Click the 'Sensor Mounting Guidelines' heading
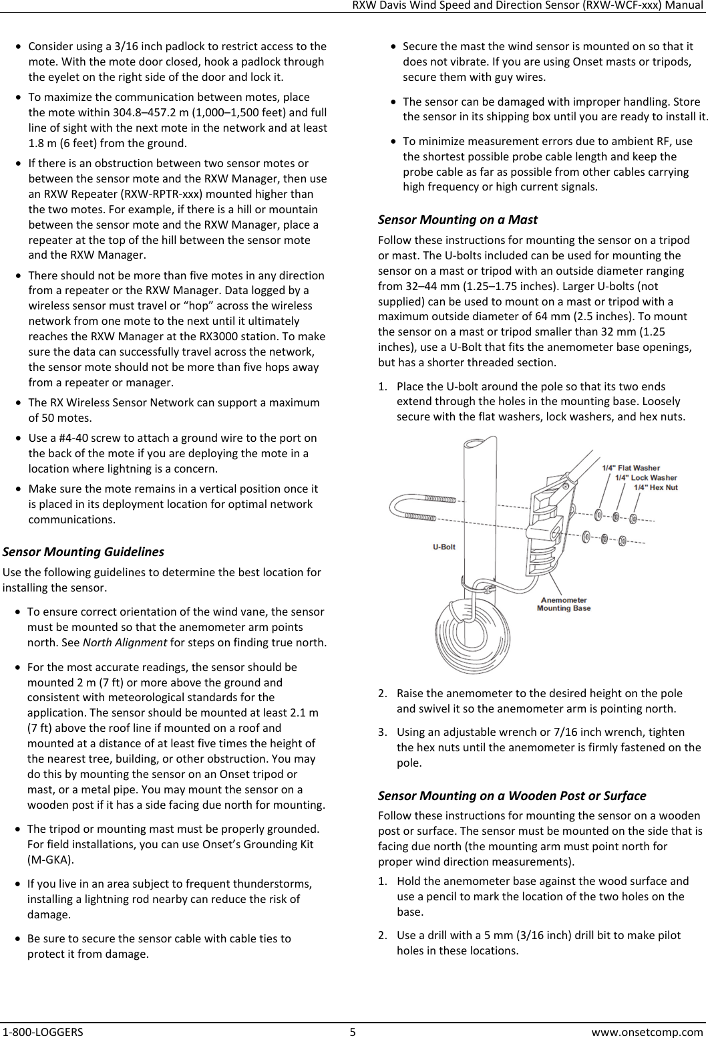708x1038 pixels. click(83, 552)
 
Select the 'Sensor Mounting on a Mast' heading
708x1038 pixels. click(458, 219)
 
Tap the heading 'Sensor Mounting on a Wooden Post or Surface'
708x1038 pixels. click(512, 795)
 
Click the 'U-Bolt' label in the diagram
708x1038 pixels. click(444, 547)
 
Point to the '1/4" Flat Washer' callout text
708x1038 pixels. click(631, 468)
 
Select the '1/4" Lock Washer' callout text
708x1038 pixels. click(646, 477)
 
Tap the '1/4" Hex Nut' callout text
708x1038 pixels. click(655, 487)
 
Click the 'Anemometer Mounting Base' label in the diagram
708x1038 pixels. click(564, 604)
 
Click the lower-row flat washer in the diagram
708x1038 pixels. click(586, 536)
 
